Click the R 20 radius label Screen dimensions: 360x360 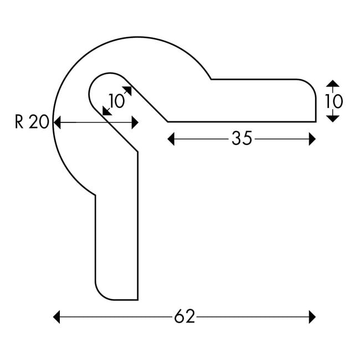32,122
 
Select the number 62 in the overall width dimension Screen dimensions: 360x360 184,317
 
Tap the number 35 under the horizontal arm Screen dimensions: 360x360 241,138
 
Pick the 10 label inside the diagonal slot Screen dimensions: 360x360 117,101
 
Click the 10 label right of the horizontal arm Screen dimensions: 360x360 333,101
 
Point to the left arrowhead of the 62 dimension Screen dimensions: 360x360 56,317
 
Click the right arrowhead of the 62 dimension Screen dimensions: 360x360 312,317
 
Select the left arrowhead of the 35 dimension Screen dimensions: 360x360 171,138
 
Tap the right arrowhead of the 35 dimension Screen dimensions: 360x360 312,138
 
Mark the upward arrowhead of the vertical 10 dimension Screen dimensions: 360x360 332,84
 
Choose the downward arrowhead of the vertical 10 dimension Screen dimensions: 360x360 332,119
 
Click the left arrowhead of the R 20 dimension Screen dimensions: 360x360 56,122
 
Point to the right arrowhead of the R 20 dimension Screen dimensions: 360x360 135,122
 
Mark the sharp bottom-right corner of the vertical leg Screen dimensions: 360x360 137,300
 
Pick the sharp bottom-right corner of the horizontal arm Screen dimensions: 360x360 316,121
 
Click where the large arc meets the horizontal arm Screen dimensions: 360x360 211,79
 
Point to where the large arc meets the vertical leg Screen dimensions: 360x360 96,194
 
